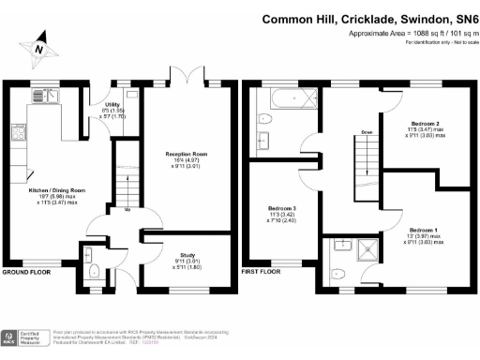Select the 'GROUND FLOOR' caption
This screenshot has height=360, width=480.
tap(26, 272)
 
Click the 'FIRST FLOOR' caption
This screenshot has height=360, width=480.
tap(262, 272)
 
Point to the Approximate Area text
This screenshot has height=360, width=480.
tap(403, 33)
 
